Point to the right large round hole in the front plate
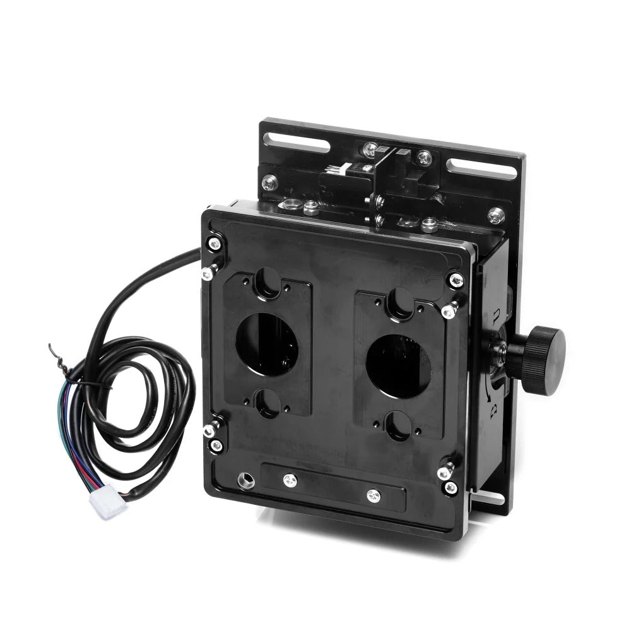point(398,366)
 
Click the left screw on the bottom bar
point(289,480)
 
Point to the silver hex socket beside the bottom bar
point(243,481)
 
